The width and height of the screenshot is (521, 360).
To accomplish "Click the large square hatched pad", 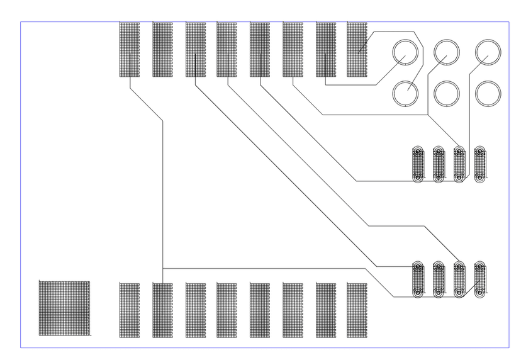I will (64, 308).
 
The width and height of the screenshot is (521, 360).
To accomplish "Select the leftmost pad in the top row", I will (130, 50).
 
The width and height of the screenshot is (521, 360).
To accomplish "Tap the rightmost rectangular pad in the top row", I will (357, 50).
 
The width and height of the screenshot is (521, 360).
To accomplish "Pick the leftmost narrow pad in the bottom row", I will (130, 310).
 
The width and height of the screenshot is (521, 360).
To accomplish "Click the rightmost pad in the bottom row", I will (357, 310).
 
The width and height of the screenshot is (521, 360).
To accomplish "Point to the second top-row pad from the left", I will (162, 50).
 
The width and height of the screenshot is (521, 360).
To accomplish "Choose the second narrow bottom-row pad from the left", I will (162, 310).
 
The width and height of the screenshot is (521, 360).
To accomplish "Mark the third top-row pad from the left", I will (195, 50).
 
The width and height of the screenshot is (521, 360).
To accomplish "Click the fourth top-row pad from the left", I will (227, 50).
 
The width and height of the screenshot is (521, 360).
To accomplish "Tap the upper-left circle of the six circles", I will (405, 52).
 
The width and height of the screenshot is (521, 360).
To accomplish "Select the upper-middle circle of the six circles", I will (447, 52).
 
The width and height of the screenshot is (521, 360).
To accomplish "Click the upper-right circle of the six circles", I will (488, 52).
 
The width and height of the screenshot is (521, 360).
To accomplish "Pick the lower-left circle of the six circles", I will (405, 94).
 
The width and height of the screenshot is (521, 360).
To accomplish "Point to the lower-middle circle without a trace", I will (447, 94).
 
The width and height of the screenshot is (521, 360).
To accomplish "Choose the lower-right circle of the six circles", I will (488, 94).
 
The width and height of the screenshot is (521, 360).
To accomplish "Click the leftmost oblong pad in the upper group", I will (418, 164).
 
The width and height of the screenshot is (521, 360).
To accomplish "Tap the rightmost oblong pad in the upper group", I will (480, 164).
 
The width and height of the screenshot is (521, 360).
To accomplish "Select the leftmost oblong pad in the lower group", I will (418, 279).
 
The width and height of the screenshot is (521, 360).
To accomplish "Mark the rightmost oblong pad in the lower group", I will (480, 279).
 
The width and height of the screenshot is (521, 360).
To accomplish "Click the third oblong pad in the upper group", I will (459, 164).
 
